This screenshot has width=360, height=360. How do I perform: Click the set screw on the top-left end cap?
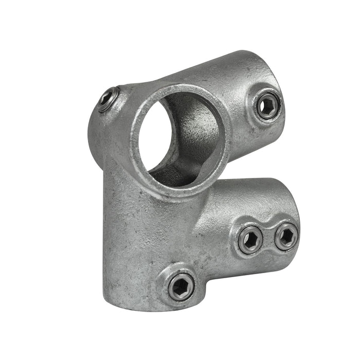click(x=108, y=99)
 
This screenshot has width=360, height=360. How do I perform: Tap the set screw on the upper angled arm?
click(x=268, y=105)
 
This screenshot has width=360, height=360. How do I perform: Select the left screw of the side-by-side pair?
click(x=251, y=239)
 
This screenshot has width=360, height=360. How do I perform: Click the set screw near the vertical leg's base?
click(x=182, y=286)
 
